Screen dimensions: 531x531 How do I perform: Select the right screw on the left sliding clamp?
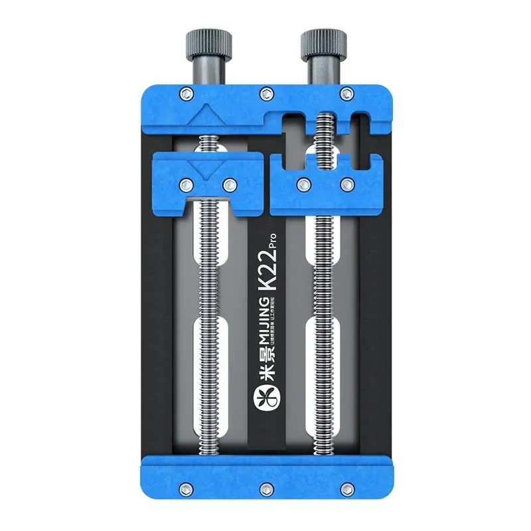click(x=229, y=184)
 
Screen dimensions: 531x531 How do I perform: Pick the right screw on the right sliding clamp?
click(x=346, y=183)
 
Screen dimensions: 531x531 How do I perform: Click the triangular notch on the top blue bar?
click(x=207, y=113)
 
